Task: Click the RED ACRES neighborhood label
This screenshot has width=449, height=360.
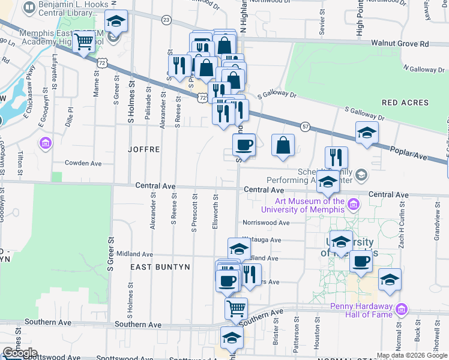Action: (x=405, y=103)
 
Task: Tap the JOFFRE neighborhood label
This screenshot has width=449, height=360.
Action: (x=143, y=149)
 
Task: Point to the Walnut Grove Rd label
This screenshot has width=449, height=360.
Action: (x=400, y=44)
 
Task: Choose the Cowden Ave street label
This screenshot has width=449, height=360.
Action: (x=83, y=163)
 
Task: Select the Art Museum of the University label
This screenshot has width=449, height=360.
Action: (x=303, y=205)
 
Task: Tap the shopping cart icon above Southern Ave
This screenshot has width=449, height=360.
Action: (x=237, y=308)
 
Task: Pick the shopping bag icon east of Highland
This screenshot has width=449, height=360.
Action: (x=283, y=145)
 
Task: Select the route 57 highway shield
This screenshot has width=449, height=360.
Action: (x=306, y=126)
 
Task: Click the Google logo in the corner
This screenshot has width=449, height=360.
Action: (x=20, y=353)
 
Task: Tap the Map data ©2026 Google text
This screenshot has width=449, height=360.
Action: (x=412, y=355)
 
